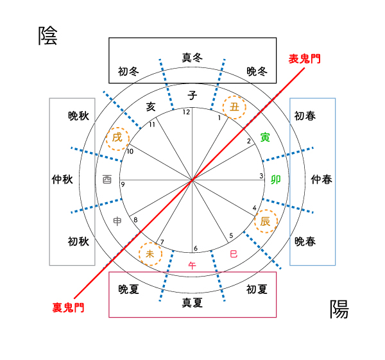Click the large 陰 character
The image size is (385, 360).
tap(47, 36)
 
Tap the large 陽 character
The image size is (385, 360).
tap(339, 309)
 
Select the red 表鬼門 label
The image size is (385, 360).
tap(304, 58)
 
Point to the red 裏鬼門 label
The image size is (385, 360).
tap(68, 307)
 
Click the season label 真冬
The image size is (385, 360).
tap(193, 58)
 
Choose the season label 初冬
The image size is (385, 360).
tap(128, 71)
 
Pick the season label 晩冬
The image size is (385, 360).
tap(257, 71)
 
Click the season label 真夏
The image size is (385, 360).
tap(193, 301)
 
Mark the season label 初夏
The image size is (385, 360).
tap(257, 289)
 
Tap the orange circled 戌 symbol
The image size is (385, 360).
tap(117, 137)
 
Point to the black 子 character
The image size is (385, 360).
tap(193, 95)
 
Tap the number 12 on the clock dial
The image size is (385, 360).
tap(187, 112)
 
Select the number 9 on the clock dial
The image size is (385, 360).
tap(123, 185)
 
